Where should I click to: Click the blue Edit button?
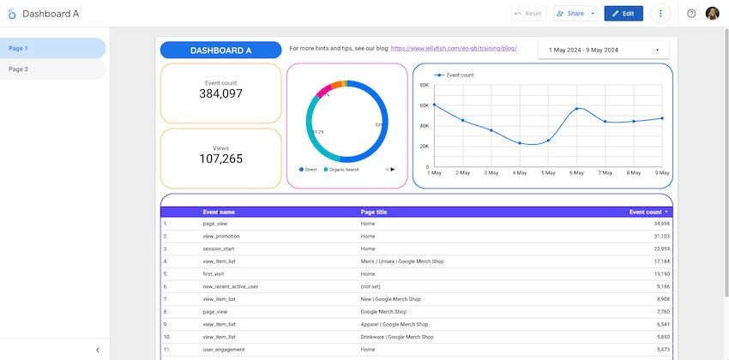pyautogui.click(x=623, y=14)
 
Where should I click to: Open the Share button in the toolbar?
pyautogui.click(x=570, y=14)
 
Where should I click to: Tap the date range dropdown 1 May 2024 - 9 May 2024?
pyautogui.click(x=605, y=51)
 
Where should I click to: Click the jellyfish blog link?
pyautogui.click(x=453, y=49)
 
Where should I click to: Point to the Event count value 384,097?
pyautogui.click(x=221, y=93)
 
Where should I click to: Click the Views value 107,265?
pyautogui.click(x=221, y=159)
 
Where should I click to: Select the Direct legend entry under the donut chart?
pyautogui.click(x=308, y=170)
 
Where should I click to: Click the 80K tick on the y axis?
pyautogui.click(x=424, y=86)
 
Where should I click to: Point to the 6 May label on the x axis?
pyautogui.click(x=578, y=173)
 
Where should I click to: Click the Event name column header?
pyautogui.click(x=219, y=212)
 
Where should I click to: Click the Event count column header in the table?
pyautogui.click(x=645, y=212)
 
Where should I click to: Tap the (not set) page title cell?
pyautogui.click(x=371, y=286)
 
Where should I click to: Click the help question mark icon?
pyautogui.click(x=691, y=14)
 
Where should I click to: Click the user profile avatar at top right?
pyautogui.click(x=713, y=14)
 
